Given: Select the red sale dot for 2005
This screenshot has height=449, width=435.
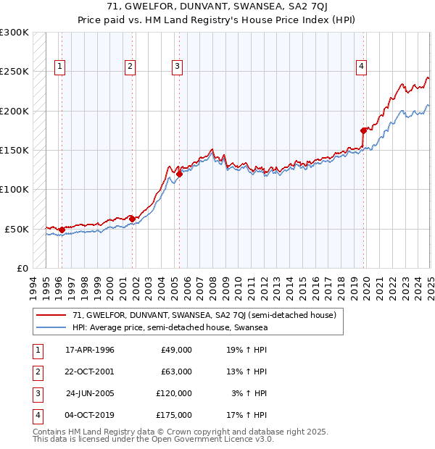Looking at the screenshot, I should tap(179, 174).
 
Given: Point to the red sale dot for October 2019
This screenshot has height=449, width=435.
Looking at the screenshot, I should tap(364, 130).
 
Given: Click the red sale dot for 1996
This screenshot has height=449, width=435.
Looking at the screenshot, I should tap(62, 230).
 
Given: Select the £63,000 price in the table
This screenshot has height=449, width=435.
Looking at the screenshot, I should tap(176, 372).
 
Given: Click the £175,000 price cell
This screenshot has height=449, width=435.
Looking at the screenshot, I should tap(174, 415).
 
